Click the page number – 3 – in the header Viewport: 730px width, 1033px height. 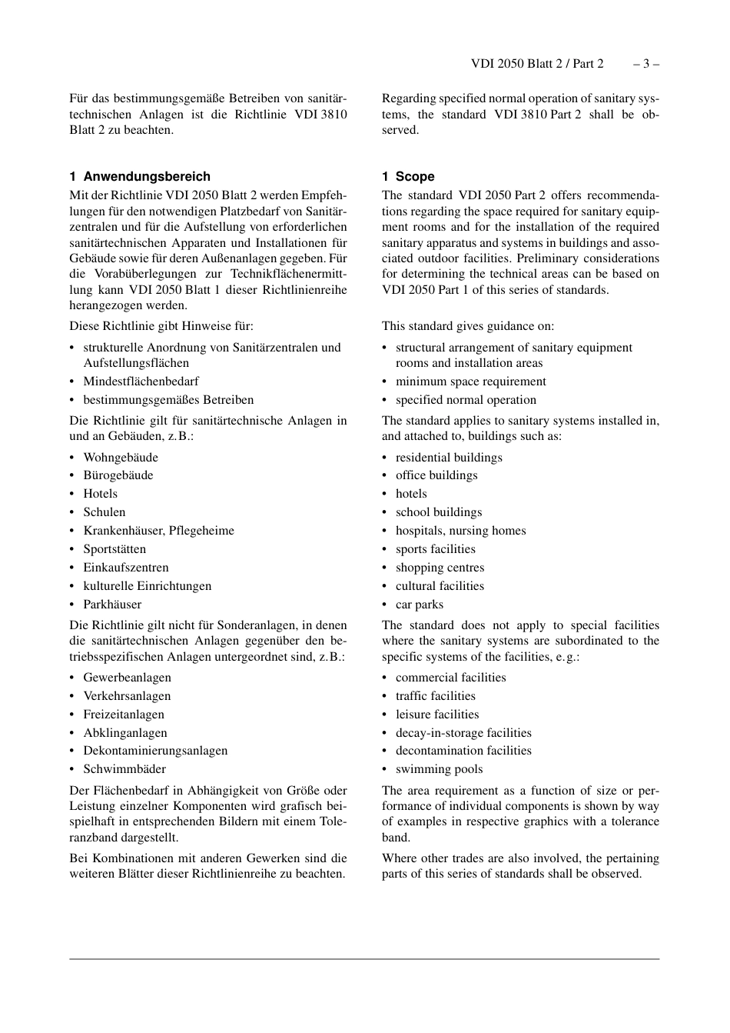tap(645, 64)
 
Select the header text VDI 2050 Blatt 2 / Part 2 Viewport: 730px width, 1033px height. tap(537, 64)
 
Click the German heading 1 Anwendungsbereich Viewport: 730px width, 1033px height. tap(140, 176)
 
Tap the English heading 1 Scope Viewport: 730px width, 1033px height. tap(408, 176)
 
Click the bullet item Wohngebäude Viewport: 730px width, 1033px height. tap(121, 457)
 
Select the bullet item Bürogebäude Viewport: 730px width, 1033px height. tap(118, 475)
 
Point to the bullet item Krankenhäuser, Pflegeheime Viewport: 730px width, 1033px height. tap(158, 531)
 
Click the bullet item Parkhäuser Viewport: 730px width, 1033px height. tap(112, 605)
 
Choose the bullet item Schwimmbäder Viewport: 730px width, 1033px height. tap(124, 769)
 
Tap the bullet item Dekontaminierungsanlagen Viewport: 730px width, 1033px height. tap(155, 751)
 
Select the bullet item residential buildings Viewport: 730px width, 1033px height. tap(449, 457)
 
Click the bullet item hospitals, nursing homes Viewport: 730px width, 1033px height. tap(460, 531)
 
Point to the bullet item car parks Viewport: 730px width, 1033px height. tap(419, 605)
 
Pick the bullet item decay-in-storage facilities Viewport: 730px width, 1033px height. tap(463, 733)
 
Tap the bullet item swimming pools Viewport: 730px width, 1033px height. tap(439, 769)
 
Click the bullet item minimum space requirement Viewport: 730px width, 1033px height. tap(470, 382)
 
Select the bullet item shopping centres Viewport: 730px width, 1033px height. tap(440, 568)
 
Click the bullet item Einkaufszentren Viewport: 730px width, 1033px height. tap(126, 568)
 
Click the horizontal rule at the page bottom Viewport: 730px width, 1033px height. tap(364, 959)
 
